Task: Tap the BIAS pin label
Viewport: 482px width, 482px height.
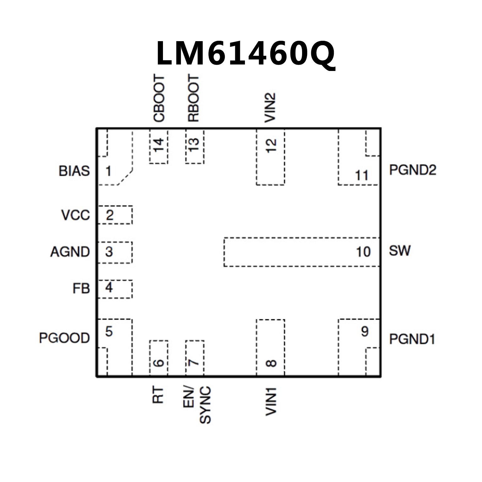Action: click(x=74, y=171)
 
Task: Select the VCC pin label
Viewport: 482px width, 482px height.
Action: click(x=76, y=215)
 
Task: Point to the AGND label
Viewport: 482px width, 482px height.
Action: click(x=70, y=252)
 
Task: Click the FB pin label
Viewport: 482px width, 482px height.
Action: click(x=81, y=289)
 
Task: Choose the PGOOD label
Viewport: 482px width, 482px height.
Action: click(x=64, y=338)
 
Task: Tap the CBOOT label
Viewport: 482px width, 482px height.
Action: click(x=159, y=98)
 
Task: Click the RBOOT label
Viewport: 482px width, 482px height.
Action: click(x=193, y=98)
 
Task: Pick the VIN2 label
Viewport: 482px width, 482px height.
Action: click(x=270, y=108)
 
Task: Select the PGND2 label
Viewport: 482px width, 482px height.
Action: click(x=413, y=170)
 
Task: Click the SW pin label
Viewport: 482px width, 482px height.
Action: click(x=399, y=251)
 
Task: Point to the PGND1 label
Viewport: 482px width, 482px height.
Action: click(x=412, y=339)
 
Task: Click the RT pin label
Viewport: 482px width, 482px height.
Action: click(x=158, y=395)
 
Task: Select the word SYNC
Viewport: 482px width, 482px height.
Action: click(x=205, y=405)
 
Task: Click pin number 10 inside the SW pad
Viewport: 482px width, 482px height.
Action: click(x=363, y=252)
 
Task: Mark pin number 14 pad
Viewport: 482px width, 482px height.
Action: click(x=159, y=146)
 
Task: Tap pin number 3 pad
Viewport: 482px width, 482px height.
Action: click(x=109, y=252)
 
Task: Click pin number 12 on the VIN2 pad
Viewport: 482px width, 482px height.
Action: click(x=271, y=146)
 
